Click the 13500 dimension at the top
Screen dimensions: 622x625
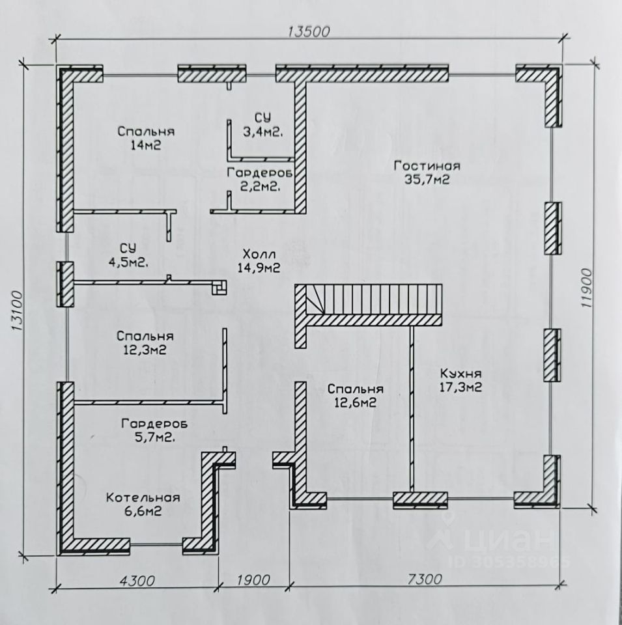click(x=309, y=31)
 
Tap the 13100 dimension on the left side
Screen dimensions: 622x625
click(x=17, y=311)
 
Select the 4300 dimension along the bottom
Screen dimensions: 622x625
click(x=137, y=580)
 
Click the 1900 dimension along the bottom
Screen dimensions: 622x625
click(x=253, y=580)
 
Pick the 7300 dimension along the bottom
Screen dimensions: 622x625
click(x=425, y=579)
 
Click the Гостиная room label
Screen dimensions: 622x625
click(x=427, y=165)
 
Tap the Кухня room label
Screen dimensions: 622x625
click(x=460, y=374)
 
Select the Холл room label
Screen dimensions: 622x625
click(x=259, y=254)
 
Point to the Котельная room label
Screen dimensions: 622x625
click(x=143, y=497)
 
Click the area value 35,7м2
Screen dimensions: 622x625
click(x=427, y=180)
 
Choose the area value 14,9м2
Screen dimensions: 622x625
click(x=259, y=268)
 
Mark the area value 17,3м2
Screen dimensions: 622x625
click(x=460, y=387)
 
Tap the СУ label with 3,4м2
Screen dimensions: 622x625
click(x=263, y=118)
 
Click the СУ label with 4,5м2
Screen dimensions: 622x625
click(x=128, y=248)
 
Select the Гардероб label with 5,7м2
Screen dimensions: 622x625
click(x=154, y=424)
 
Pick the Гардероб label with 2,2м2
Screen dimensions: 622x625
click(x=260, y=173)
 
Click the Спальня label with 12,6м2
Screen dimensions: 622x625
click(x=356, y=389)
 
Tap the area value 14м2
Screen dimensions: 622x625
click(x=145, y=145)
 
